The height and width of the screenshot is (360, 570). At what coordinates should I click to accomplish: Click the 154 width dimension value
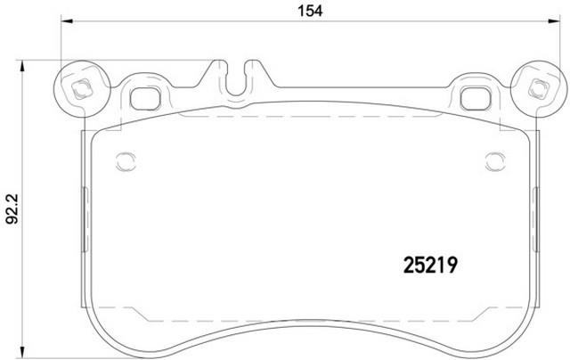(x=310, y=11)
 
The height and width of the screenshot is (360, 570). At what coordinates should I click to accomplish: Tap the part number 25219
(x=430, y=265)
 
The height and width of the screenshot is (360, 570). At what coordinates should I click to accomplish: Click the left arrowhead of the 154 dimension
(x=67, y=21)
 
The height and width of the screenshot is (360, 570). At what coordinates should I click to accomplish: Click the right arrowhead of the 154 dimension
(x=554, y=21)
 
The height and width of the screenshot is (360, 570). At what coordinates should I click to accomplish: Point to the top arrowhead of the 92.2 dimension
(x=22, y=66)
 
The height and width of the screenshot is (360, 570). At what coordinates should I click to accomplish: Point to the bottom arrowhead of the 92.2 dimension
(x=22, y=352)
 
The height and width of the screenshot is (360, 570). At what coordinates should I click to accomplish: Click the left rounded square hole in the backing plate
(x=145, y=99)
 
